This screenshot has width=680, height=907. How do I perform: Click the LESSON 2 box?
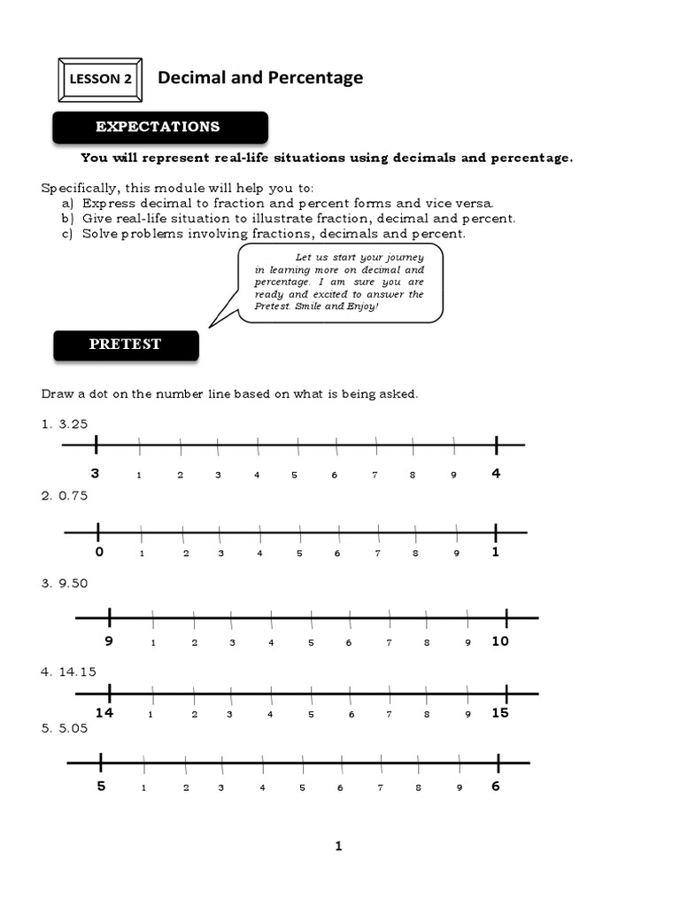point(99,80)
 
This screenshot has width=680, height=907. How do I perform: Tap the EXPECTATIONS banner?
point(158,127)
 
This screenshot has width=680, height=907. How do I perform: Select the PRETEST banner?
point(125,345)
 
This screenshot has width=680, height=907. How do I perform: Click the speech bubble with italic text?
point(339,283)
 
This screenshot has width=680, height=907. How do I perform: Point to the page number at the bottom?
point(338,847)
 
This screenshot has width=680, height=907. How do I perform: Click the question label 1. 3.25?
point(64,423)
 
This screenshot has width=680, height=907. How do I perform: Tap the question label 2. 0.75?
point(64,496)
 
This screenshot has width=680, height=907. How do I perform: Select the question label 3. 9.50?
point(64,583)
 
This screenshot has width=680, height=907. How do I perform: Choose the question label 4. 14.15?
point(67,671)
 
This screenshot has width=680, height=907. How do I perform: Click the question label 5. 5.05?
point(64,729)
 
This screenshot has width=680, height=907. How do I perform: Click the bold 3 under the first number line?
point(95,474)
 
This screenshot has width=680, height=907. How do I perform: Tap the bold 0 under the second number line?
point(99,552)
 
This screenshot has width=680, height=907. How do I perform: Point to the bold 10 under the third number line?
point(500,641)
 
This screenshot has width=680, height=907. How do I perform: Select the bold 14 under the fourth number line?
point(105,713)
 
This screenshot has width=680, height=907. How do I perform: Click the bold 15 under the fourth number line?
point(500,713)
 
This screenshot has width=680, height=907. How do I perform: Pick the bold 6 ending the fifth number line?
point(496,786)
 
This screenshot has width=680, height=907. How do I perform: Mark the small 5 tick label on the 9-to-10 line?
point(311,643)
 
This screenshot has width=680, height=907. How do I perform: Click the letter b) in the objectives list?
point(67,218)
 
